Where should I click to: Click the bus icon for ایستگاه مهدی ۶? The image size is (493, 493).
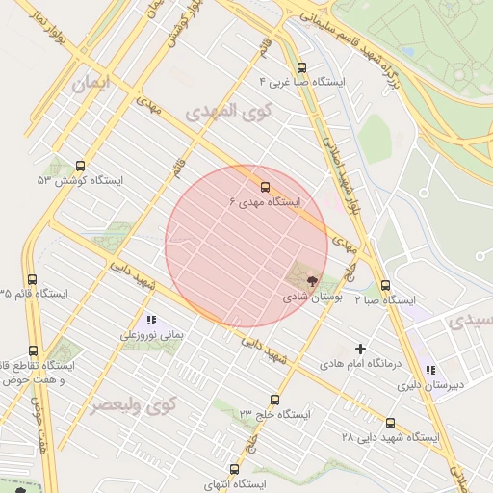click(x=266, y=187)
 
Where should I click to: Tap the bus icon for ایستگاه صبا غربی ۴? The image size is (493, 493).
click(x=302, y=67)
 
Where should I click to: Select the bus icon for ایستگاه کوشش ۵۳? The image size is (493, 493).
click(x=79, y=166)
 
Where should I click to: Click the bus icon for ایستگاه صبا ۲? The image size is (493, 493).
click(x=385, y=286)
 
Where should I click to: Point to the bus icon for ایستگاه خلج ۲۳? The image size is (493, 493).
click(x=275, y=400)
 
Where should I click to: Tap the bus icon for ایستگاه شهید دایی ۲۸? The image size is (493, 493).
click(x=390, y=423)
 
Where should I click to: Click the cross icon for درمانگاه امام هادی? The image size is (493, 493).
click(x=361, y=349)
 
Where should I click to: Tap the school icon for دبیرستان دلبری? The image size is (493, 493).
click(x=430, y=370)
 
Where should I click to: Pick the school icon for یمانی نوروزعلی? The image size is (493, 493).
click(x=150, y=320)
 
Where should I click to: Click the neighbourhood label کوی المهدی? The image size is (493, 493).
click(x=228, y=112)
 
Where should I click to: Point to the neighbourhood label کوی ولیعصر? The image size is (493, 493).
click(x=122, y=404)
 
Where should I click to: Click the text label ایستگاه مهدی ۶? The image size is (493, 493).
click(x=265, y=203)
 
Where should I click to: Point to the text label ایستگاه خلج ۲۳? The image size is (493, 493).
click(x=275, y=415)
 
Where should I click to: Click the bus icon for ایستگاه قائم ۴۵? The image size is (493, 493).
click(x=33, y=279)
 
